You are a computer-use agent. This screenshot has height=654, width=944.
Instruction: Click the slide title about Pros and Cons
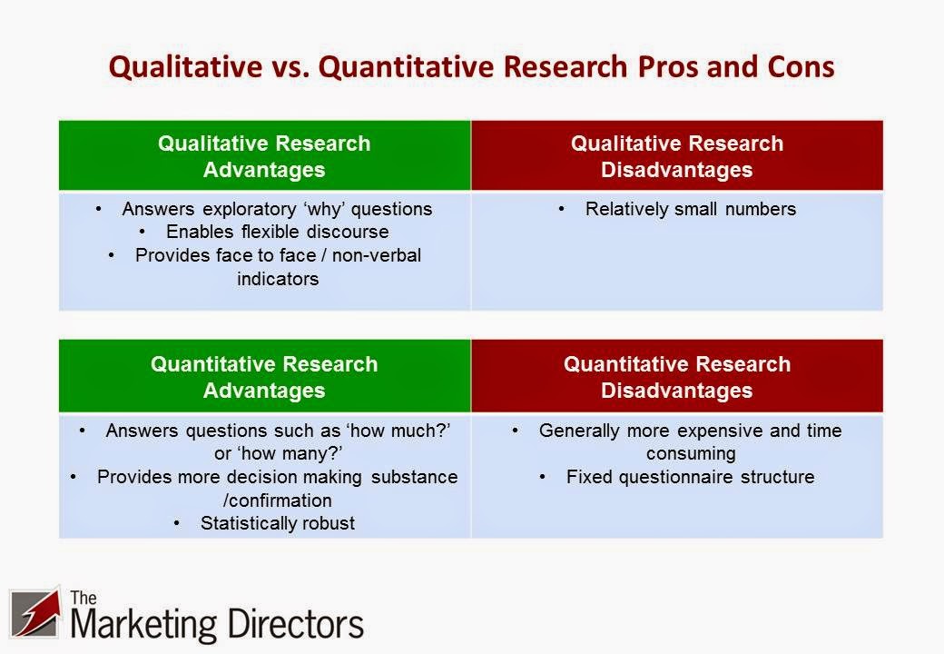click(471, 68)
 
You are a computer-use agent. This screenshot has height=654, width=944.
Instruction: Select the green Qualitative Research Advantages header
click(264, 156)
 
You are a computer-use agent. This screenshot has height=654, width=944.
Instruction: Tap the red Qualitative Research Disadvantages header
click(676, 156)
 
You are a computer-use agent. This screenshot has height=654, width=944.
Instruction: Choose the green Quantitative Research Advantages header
click(264, 377)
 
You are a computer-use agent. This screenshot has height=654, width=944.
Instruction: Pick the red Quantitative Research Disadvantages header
click(676, 377)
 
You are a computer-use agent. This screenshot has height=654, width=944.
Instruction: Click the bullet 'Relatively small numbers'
click(690, 209)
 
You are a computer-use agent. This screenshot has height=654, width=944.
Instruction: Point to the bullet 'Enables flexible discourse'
click(277, 232)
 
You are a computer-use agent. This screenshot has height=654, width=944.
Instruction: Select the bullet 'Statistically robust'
click(277, 523)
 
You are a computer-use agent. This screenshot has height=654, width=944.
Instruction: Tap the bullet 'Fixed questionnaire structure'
click(690, 476)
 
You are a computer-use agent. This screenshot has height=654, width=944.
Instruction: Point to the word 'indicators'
click(278, 279)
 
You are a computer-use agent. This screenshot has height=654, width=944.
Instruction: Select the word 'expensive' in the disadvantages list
click(723, 431)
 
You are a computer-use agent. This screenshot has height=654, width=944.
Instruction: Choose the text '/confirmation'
click(278, 500)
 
